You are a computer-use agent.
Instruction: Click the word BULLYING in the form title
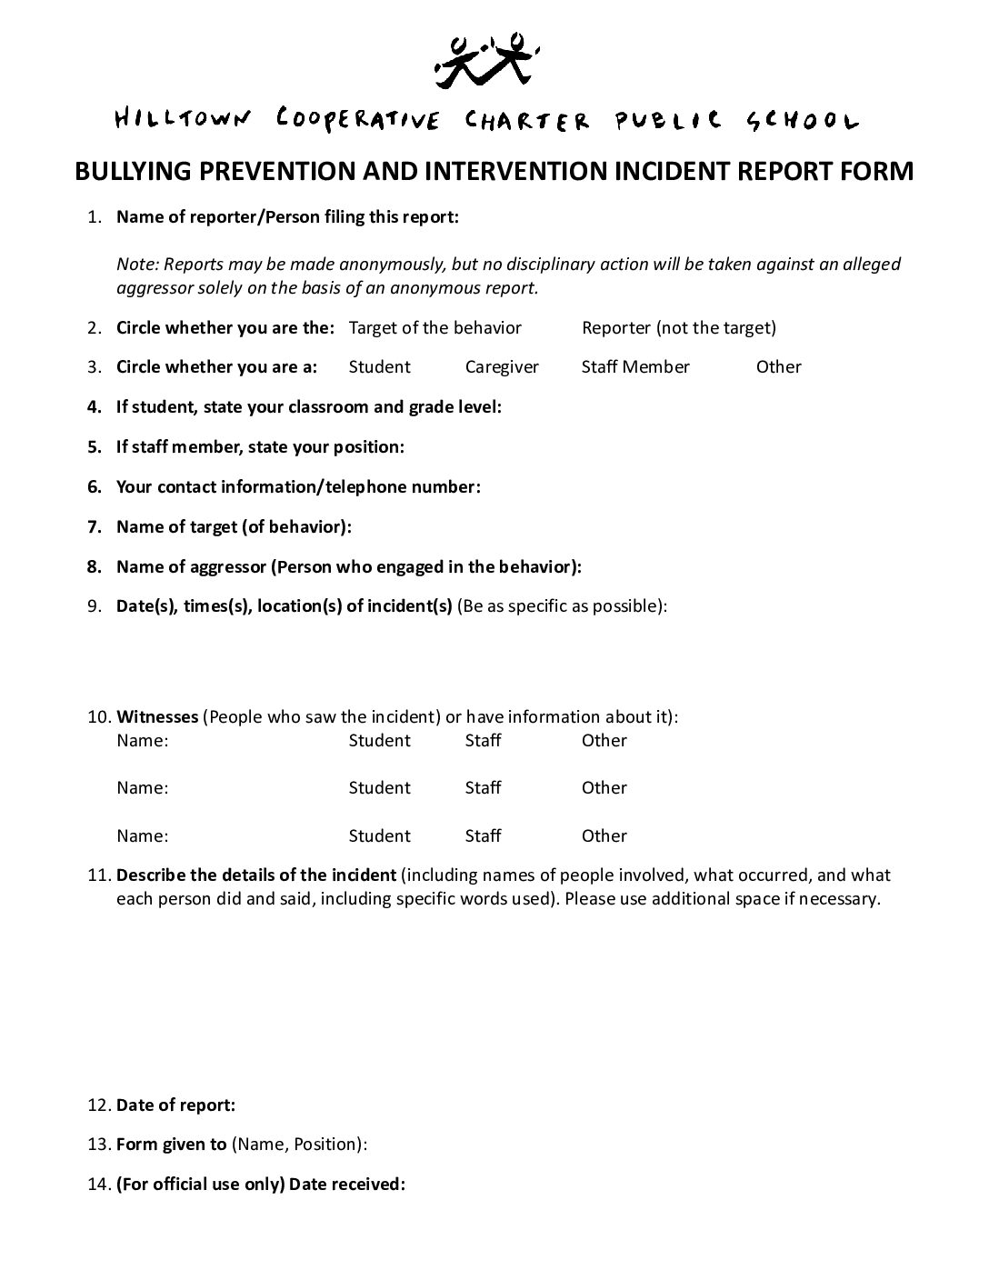click(x=135, y=171)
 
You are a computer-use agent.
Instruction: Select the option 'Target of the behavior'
click(x=435, y=328)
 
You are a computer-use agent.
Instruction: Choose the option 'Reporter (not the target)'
click(x=678, y=328)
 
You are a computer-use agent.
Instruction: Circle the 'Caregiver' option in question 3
click(x=502, y=367)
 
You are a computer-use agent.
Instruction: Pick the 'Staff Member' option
click(x=635, y=367)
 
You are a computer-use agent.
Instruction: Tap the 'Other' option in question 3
click(x=778, y=367)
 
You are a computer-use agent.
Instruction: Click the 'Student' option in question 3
click(x=379, y=367)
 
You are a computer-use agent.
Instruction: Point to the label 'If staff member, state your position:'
click(x=260, y=447)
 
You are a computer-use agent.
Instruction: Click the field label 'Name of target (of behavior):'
click(x=234, y=527)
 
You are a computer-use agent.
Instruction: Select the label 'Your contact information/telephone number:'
click(x=298, y=487)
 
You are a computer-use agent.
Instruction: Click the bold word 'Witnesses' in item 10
click(x=157, y=717)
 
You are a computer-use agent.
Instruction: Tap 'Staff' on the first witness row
click(x=483, y=741)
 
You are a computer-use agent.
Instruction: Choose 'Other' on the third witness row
click(x=604, y=836)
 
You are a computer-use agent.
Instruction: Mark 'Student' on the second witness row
click(x=379, y=788)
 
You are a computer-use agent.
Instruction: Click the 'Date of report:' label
click(x=175, y=1105)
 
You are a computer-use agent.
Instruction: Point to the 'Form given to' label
click(x=171, y=1145)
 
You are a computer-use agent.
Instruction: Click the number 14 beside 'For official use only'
click(x=98, y=1185)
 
